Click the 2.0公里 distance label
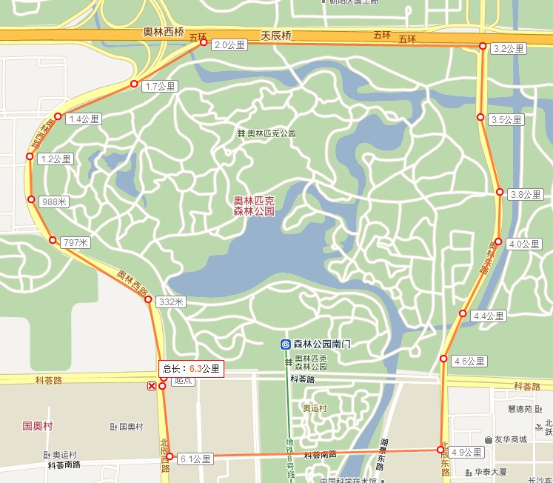point(227,45)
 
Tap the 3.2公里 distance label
point(509,49)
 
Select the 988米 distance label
point(55,201)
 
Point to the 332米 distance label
point(171,302)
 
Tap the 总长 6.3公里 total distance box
point(191,368)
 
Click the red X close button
point(152,386)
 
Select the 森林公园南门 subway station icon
point(285,344)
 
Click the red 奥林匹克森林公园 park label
point(254,206)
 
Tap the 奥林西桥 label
point(163,33)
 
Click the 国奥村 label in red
point(37,426)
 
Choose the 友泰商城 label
point(512,439)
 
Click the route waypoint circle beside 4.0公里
point(498,242)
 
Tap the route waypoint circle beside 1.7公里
point(134,84)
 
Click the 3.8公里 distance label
point(526,195)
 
